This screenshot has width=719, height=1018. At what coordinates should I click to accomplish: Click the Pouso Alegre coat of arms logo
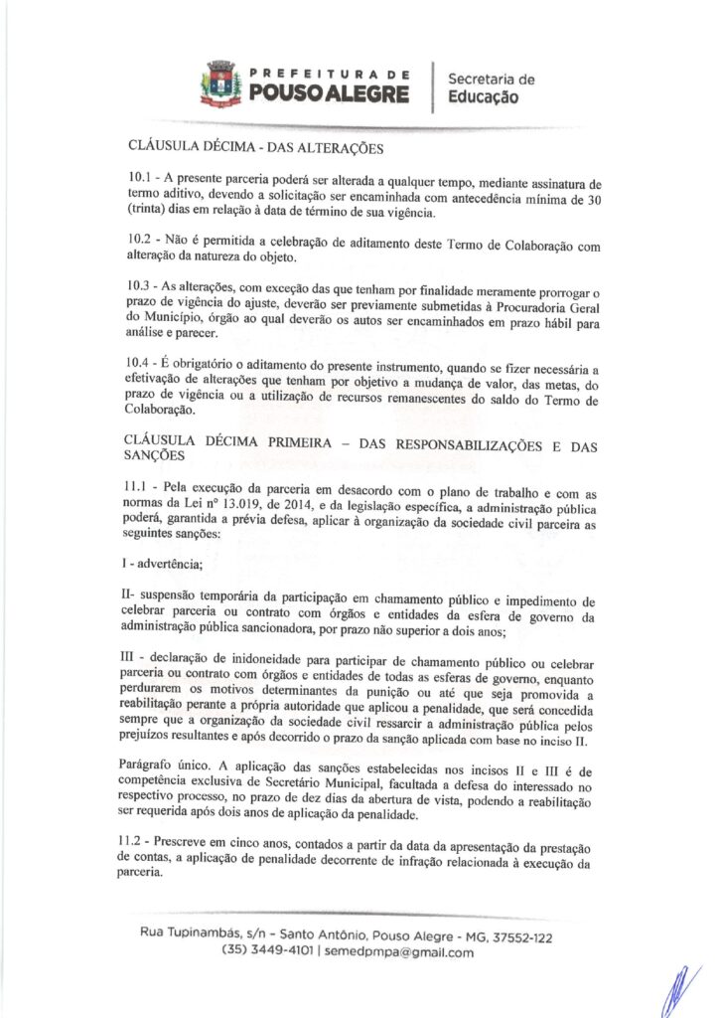[219, 84]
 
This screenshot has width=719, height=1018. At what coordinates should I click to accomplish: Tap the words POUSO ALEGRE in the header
[329, 93]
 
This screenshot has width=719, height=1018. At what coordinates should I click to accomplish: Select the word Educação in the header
[484, 97]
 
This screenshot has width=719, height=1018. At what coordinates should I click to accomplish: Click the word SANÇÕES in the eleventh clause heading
[158, 456]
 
